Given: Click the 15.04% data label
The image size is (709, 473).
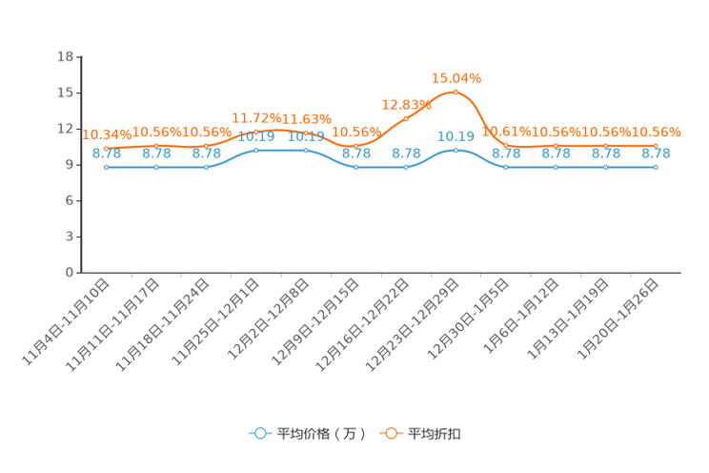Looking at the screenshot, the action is pos(456,78).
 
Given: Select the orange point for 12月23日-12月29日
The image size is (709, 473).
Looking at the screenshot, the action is pos(456,93).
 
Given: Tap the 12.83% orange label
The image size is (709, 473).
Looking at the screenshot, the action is pos(407,105).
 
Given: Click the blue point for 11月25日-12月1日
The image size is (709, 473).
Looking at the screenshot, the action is pos(256,151).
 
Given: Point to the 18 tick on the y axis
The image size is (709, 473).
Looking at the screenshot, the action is pos(65,56).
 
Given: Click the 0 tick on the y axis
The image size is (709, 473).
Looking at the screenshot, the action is pos(70,273).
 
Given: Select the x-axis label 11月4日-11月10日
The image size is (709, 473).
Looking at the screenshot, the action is pos(66,321).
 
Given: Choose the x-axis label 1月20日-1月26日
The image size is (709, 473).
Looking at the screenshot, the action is pos(618,319).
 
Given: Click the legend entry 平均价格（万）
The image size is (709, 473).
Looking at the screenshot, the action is pos(308,434).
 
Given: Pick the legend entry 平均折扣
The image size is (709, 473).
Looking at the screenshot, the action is pos(420,434).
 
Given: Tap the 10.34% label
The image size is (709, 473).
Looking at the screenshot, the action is pos(107,134).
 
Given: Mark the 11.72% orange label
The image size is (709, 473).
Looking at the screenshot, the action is pos(256,118).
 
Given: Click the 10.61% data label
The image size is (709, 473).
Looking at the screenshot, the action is pos(506,132).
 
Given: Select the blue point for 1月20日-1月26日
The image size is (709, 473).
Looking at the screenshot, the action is pos(656,168).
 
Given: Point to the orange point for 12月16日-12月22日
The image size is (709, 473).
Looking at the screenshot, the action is pos(406,119).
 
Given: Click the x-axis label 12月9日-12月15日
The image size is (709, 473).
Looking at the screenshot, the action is pos(315,321).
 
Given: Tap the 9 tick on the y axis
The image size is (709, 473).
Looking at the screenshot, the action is pos(70,165).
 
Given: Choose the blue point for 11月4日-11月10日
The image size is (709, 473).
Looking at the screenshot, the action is pos(107,168).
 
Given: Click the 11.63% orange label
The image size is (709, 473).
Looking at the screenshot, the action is pos(307,119).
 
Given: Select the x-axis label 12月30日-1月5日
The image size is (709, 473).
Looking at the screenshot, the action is pos(468,319).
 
